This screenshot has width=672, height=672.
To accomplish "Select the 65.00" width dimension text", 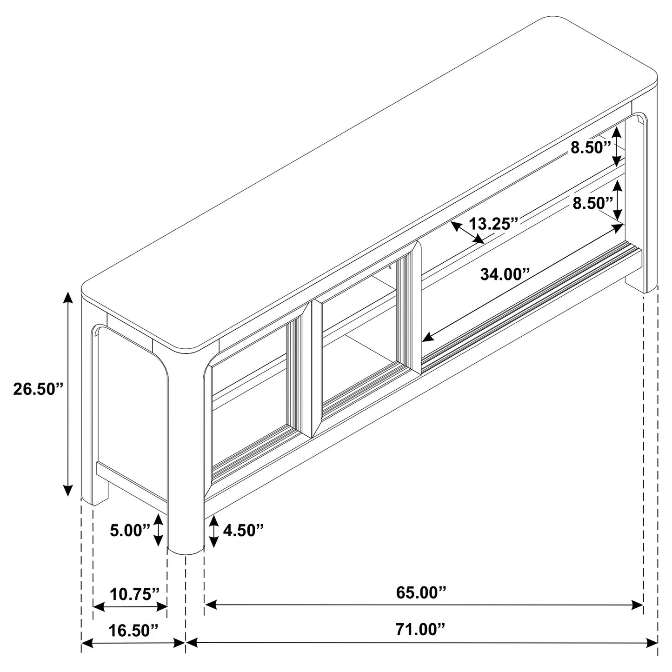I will [421, 592].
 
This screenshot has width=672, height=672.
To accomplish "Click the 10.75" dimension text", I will [135, 594].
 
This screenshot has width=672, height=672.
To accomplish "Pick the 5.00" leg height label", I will [130, 530].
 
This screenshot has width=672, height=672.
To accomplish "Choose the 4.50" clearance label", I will [243, 530].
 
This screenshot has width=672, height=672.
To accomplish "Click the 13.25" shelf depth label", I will [493, 224].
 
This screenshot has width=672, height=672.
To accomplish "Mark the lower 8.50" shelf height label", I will [592, 203].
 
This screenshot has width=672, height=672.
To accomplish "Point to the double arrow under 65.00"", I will [423, 605].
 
